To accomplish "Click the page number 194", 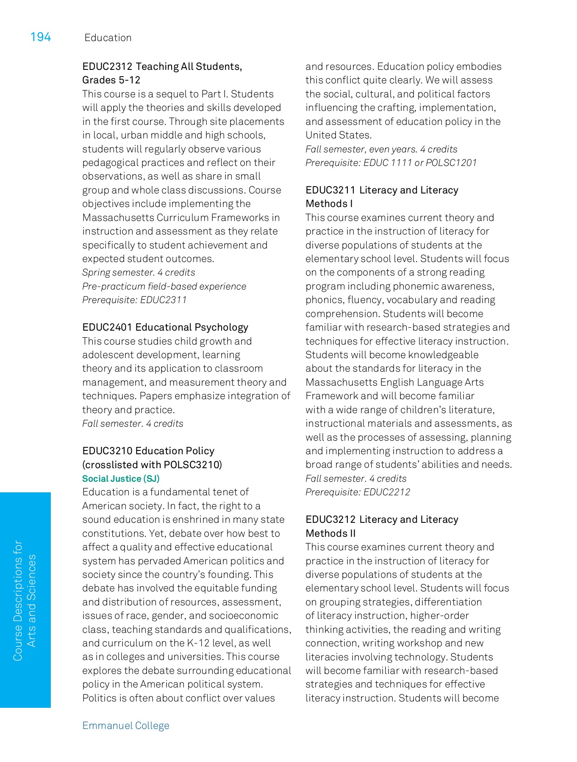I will coord(40,37).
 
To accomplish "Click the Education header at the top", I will coord(108,38).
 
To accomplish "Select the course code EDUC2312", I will coord(107,66).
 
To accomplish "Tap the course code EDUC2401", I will coord(107,327).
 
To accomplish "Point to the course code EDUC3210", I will coord(107,451).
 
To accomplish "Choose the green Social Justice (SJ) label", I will coord(121,478).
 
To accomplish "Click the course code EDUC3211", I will coord(330,190).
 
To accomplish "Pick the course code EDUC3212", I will coord(330,519).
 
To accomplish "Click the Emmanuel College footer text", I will coord(126,726).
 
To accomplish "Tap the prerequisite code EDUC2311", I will coord(164,300).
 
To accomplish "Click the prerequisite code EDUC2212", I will coord(387,492).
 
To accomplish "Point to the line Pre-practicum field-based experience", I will coord(164,286).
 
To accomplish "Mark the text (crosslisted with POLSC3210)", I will coord(152,464).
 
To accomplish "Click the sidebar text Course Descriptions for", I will coord(18,600).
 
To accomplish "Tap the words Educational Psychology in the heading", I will coord(192,327).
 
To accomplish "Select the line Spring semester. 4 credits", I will coord(139,272).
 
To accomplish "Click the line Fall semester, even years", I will coord(361,149).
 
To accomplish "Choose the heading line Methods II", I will coord(330,533).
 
